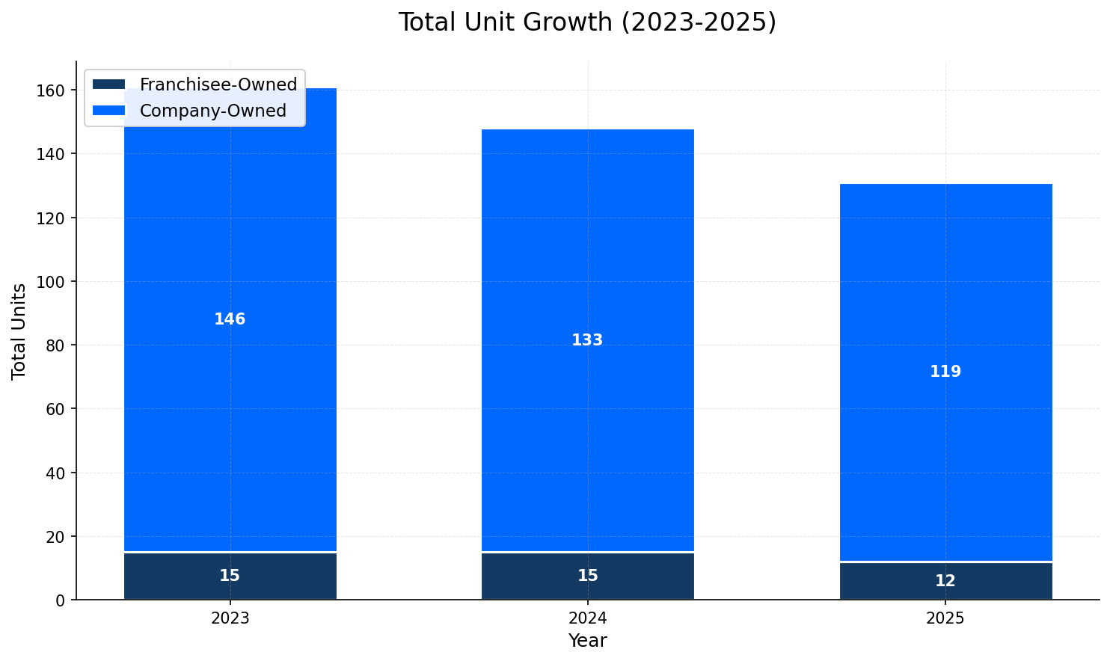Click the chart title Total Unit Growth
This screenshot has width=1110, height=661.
(x=587, y=22)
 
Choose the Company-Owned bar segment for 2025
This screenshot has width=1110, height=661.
(x=945, y=449)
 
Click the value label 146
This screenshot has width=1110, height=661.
(x=230, y=319)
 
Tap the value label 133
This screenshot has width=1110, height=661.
(x=587, y=340)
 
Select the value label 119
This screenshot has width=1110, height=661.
(x=945, y=372)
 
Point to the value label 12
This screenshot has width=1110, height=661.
(x=945, y=581)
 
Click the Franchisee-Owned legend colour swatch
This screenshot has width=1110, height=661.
(x=109, y=84)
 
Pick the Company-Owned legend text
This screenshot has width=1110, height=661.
(x=213, y=111)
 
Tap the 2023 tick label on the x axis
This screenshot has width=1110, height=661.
(x=230, y=618)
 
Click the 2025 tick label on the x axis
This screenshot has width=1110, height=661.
(x=945, y=618)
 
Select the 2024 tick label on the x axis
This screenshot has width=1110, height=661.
(x=587, y=618)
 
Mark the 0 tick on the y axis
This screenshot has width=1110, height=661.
(x=63, y=600)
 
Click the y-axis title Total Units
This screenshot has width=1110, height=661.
(x=19, y=331)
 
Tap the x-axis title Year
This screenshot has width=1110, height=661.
(x=587, y=641)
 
